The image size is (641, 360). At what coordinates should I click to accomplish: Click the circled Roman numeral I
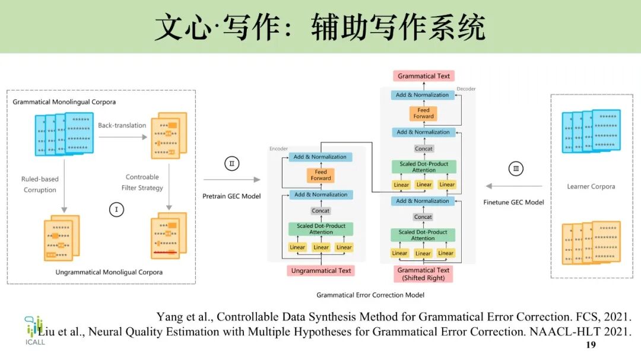(x=116, y=209)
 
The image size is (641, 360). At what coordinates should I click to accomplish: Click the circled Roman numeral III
(x=516, y=169)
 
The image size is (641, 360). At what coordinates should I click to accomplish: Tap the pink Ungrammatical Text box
(x=321, y=271)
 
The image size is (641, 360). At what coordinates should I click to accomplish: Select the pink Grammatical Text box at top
(x=424, y=76)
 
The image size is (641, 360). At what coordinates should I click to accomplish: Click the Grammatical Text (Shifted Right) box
(x=423, y=274)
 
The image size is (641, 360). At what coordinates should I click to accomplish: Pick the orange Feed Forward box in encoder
(x=320, y=175)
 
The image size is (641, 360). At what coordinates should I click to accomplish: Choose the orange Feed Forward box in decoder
(x=423, y=113)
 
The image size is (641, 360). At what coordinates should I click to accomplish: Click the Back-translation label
(x=122, y=126)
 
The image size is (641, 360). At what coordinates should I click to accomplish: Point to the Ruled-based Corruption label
(x=40, y=184)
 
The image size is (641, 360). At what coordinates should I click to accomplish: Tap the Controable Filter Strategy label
(x=142, y=182)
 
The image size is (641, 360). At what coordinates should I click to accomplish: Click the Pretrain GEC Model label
(x=231, y=196)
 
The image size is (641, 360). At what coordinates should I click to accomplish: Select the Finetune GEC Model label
(x=514, y=202)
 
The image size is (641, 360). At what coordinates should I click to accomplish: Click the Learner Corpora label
(x=591, y=186)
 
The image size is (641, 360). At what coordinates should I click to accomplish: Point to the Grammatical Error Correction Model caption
(x=370, y=295)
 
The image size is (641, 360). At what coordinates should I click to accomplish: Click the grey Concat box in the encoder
(x=320, y=211)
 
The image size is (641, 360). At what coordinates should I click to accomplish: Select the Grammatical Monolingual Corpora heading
(x=64, y=102)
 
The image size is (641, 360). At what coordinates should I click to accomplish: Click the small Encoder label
(x=278, y=149)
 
